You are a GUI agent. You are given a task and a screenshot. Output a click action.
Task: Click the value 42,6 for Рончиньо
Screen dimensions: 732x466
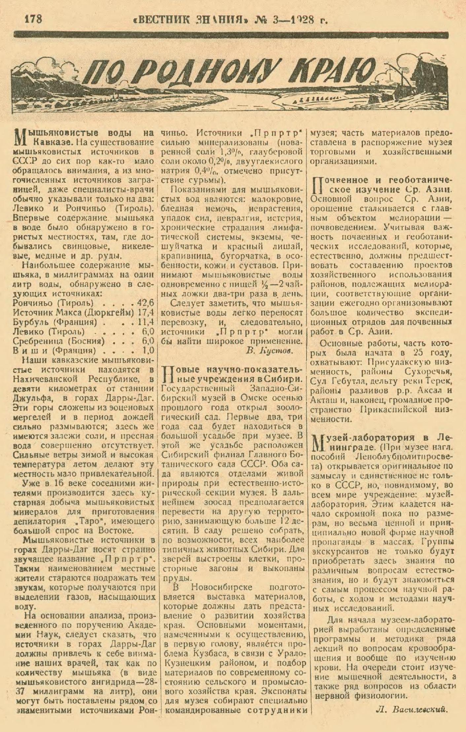(146, 303)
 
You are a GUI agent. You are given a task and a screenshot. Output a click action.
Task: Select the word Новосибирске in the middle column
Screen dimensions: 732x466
(221, 587)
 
